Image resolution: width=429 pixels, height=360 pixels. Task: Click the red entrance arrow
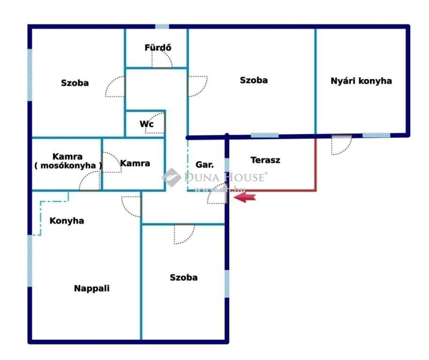(245, 197)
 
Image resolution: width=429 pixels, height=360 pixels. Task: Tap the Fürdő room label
(158, 48)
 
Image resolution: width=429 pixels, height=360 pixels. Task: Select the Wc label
(147, 124)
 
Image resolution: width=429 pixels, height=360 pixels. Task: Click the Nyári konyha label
(361, 81)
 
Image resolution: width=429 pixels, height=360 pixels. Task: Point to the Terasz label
(265, 160)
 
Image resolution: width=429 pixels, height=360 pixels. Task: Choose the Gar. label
(204, 165)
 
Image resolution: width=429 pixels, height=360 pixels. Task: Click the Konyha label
(67, 221)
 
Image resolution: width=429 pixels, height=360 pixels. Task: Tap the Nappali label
(92, 288)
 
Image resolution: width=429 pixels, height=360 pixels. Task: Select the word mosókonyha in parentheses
(68, 166)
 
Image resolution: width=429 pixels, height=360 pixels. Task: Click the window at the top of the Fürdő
(162, 26)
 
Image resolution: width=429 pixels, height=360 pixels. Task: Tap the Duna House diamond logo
(171, 177)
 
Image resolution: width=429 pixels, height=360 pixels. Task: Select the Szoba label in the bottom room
(183, 277)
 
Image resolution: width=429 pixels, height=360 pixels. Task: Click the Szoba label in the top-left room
(75, 83)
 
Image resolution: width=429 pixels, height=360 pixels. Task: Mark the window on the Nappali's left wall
(30, 261)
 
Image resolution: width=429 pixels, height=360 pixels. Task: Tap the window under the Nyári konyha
(376, 135)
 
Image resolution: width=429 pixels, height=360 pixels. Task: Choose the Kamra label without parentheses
(135, 163)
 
